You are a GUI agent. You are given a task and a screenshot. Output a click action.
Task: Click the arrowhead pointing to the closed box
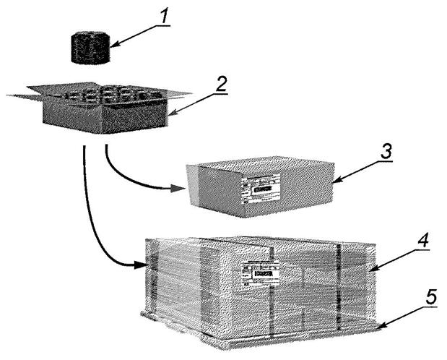coord(180,190)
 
